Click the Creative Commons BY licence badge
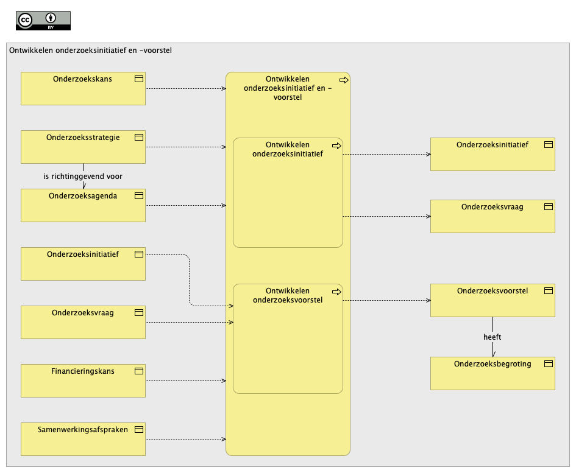coord(43,21)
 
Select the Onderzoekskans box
coord(83,88)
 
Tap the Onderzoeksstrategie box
coord(83,147)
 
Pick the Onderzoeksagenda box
coord(83,206)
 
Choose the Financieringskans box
coord(83,380)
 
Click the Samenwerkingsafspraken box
coord(83,440)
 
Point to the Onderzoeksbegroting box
coord(492,374)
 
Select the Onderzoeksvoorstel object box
coord(492,301)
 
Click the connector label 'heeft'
coord(492,337)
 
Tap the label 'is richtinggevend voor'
coord(83,176)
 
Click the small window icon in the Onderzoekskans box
coord(139,79)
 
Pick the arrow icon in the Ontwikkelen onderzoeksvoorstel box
coord(336,292)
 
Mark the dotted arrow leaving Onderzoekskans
coord(186,88)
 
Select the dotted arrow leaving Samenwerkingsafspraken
coord(186,440)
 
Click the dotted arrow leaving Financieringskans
coord(186,381)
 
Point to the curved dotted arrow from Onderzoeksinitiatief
coord(189,281)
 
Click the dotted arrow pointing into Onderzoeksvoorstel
coord(386,301)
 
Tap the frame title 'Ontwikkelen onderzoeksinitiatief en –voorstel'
coord(90,51)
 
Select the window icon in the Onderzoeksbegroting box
coord(549,363)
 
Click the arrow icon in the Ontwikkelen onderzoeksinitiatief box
coord(336,146)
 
